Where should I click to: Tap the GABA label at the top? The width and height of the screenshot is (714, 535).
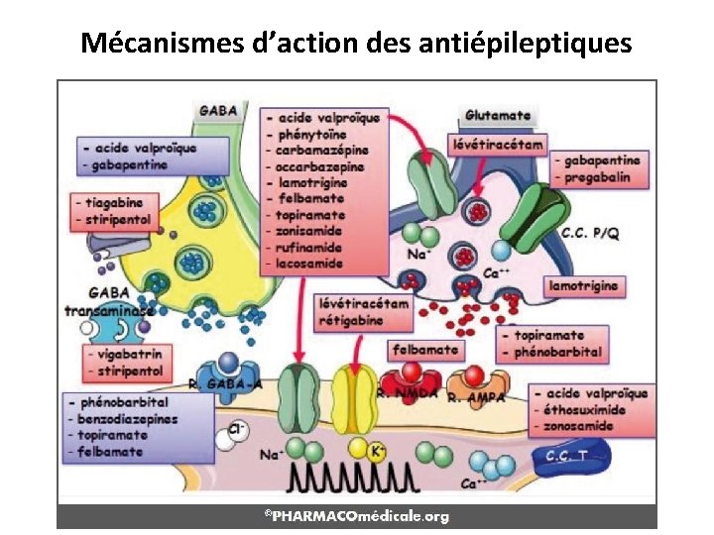coord(217,111)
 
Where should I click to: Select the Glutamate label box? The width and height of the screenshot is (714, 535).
coord(497,116)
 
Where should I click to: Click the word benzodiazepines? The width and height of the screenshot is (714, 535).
coord(130,419)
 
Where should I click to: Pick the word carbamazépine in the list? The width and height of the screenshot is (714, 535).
coord(323,150)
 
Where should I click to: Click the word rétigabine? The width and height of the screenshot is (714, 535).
coord(353,318)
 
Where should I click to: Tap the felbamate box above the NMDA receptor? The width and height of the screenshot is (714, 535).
coord(425,349)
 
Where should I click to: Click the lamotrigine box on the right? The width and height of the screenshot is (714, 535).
coord(585,285)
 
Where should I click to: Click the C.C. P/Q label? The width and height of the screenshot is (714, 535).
coord(592,234)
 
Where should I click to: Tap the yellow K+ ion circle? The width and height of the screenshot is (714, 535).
coord(378,452)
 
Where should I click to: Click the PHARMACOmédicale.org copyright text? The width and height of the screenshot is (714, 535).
coord(357,516)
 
